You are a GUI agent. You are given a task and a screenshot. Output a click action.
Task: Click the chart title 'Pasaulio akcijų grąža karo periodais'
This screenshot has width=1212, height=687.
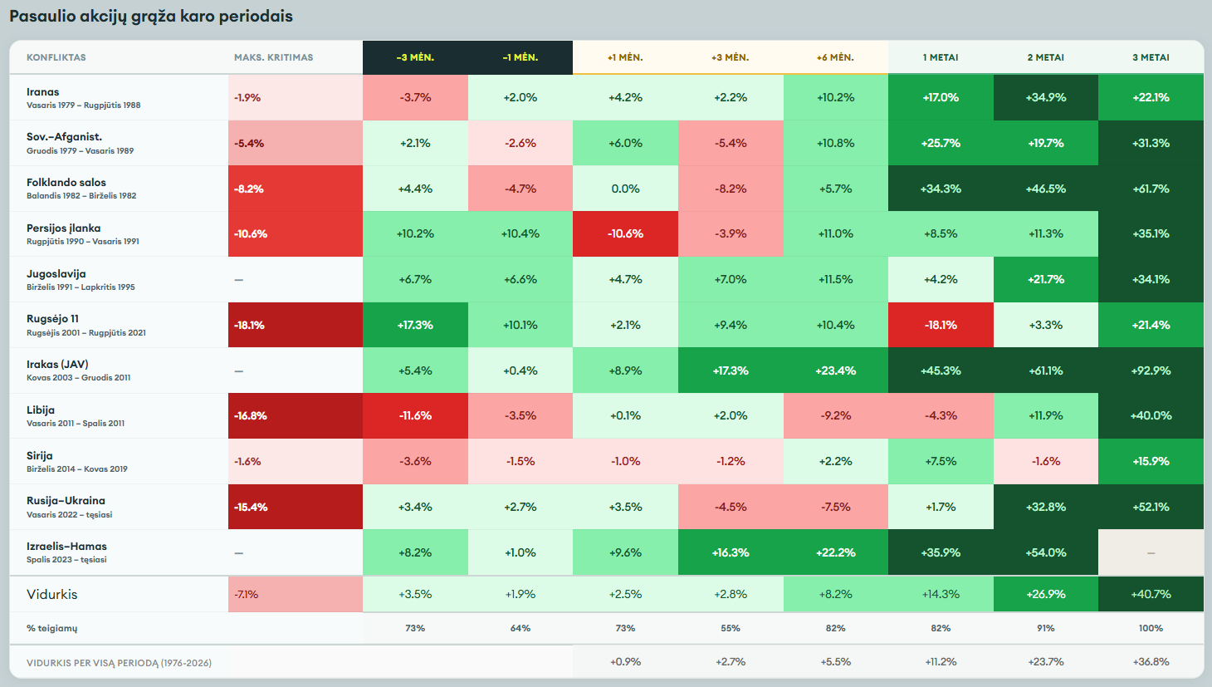[151, 17]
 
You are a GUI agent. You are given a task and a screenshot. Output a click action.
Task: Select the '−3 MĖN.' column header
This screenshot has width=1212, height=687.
[415, 57]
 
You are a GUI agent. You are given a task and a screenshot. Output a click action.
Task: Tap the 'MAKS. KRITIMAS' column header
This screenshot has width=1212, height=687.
[273, 57]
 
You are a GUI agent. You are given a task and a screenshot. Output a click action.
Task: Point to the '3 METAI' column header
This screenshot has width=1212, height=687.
[1151, 57]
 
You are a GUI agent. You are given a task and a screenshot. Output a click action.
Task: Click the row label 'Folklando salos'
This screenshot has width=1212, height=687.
[66, 183]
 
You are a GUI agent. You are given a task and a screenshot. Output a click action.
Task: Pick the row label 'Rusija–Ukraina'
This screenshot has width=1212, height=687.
[66, 501]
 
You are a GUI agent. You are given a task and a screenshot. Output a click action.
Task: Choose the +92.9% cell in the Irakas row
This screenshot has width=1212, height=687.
[1151, 370]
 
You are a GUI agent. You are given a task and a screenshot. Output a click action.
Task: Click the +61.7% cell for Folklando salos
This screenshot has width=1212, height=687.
[1151, 189]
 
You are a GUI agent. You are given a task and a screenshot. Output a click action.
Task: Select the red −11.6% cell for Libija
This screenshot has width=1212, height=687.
[415, 416]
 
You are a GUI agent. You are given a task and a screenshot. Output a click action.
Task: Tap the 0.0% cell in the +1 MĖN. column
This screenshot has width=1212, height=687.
[625, 189]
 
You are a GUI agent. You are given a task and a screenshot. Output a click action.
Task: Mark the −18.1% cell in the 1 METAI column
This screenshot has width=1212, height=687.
[941, 325]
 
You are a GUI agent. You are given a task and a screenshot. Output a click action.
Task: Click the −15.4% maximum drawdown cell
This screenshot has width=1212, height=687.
[296, 507]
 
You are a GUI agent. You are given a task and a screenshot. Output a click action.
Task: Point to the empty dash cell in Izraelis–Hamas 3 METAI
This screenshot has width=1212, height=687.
[1151, 552]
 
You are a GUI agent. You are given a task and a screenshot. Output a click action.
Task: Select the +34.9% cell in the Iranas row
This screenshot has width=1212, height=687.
[1045, 97]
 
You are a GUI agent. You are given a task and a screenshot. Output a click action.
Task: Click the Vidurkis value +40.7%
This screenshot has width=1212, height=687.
[1151, 594]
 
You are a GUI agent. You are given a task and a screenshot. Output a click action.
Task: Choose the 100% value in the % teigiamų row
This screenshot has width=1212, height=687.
[1151, 628]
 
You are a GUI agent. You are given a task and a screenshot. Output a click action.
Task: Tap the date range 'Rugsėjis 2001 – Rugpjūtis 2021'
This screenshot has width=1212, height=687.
[86, 332]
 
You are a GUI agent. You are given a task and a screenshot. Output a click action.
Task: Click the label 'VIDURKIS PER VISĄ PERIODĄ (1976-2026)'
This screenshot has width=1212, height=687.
[119, 663]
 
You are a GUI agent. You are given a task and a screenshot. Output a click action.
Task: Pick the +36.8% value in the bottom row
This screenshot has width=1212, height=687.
[1151, 661]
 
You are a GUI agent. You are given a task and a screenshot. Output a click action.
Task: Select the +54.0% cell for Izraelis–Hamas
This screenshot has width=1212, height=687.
[1045, 552]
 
